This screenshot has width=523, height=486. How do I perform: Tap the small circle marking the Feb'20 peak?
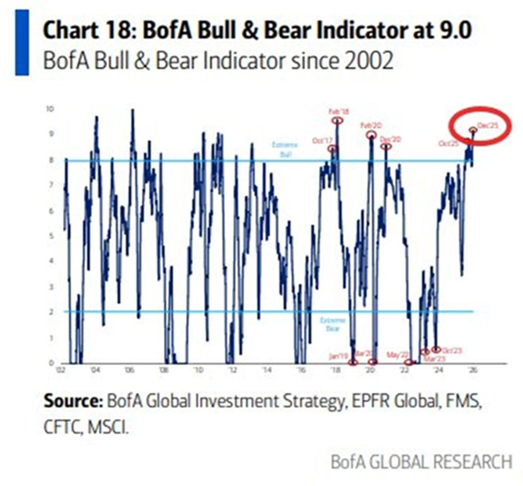pyautogui.click(x=371, y=135)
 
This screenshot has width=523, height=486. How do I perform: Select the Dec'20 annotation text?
pyautogui.click(x=390, y=139)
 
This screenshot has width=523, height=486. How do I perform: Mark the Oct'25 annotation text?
pyautogui.click(x=448, y=143)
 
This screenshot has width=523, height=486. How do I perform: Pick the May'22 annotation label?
pyautogui.click(x=396, y=354)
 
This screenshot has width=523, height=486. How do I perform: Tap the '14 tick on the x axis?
pyautogui.click(x=267, y=370)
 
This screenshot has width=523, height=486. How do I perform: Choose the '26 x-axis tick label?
pyautogui.click(x=472, y=370)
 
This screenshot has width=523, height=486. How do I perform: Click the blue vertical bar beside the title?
pyautogui.click(x=22, y=42)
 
